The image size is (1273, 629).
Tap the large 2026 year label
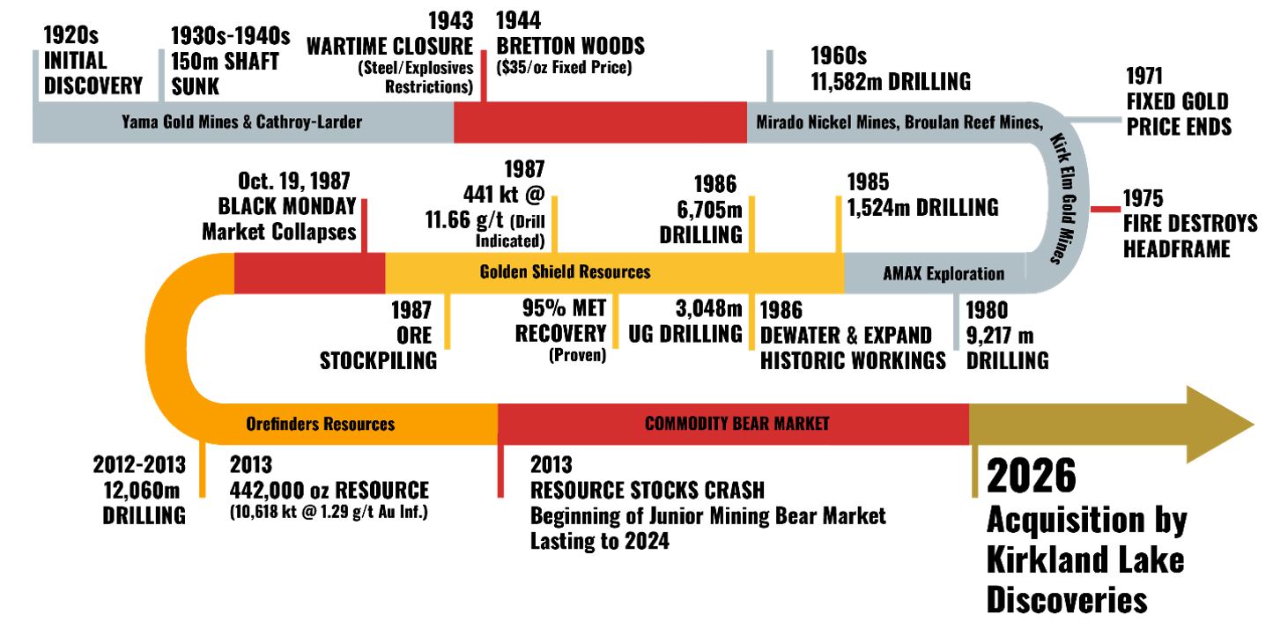[1031, 476]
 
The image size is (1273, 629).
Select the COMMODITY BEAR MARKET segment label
[736, 424]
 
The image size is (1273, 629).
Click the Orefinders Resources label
[320, 424]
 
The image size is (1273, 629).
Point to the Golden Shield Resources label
[565, 271]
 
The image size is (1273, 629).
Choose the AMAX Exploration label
[943, 273]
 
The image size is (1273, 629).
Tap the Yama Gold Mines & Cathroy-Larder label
[241, 122]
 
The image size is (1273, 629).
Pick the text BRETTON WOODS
[570, 46]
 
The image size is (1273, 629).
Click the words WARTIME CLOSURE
[389, 46]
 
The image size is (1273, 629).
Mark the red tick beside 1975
[1105, 209]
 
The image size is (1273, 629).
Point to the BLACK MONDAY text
[279, 207]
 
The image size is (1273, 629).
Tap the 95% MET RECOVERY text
[561, 322]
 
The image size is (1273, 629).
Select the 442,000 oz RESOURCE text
[329, 491]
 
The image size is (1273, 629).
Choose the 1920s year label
[70, 36]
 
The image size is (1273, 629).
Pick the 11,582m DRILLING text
[890, 82]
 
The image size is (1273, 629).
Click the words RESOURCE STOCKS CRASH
[648, 490]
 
